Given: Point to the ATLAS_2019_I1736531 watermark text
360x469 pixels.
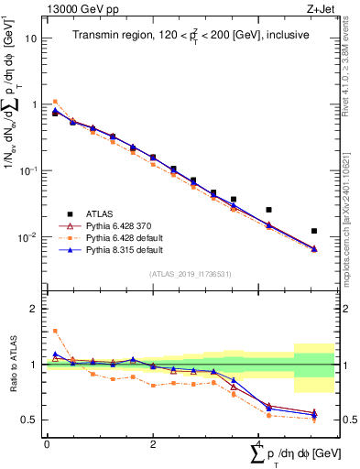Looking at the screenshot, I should click(x=189, y=273).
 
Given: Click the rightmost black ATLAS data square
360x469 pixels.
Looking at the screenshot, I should click(x=314, y=231).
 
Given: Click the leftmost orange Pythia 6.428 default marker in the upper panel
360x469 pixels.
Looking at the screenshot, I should click(x=55, y=102).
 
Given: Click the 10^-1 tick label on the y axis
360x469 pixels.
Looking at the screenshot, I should click(x=29, y=171).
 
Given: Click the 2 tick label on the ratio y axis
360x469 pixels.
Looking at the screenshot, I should click(x=35, y=309).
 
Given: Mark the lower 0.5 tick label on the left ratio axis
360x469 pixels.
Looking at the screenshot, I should click(x=31, y=420).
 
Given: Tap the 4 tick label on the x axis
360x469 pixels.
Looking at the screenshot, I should click(x=258, y=443).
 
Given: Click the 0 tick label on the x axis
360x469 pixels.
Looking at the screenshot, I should click(x=47, y=443).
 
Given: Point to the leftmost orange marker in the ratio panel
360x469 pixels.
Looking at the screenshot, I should click(x=55, y=331).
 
